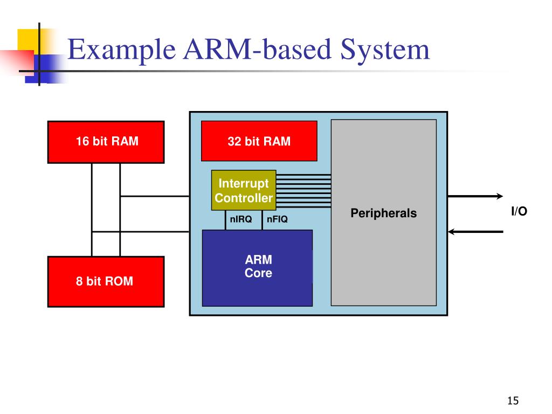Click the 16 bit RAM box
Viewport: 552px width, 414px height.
coord(106,142)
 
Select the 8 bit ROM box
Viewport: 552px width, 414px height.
coord(106,281)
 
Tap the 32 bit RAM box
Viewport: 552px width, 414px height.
coord(259,141)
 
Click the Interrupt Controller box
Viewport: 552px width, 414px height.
coord(244,190)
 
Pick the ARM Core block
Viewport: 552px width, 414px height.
coord(257,268)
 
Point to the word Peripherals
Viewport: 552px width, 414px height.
coord(383,213)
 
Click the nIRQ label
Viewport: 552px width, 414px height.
coord(241,219)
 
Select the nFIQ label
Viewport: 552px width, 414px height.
coord(277,219)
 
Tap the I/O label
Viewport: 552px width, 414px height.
coord(519,211)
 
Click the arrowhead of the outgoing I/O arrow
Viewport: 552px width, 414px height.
coord(500,196)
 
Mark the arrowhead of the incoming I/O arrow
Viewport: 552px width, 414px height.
coord(451,232)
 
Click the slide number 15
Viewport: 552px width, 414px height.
coord(513,401)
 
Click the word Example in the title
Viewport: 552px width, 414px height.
coord(121,50)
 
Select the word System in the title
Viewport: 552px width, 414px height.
coord(385,50)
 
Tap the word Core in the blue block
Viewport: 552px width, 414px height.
coord(258,273)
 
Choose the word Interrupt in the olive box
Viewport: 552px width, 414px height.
coord(244,184)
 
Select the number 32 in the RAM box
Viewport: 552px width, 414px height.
coord(234,142)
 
